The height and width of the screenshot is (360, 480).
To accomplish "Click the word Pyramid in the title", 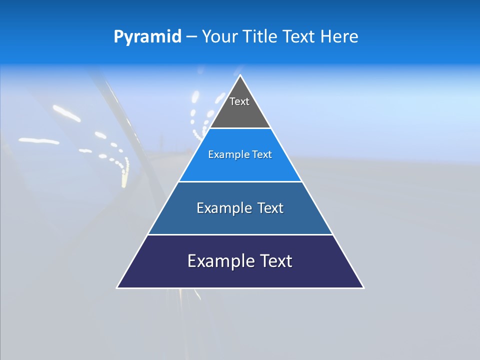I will (x=147, y=37).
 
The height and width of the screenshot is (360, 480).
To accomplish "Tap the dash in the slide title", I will (x=191, y=37).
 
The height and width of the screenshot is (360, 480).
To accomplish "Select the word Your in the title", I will (x=220, y=37).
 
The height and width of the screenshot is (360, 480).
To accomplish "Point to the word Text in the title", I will (x=298, y=37).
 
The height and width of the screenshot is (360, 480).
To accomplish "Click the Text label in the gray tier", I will (x=239, y=101).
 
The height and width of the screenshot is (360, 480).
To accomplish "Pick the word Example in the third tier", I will (x=223, y=208).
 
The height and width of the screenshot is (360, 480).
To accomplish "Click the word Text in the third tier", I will (x=270, y=208).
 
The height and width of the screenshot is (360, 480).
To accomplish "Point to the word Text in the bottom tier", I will (x=274, y=261).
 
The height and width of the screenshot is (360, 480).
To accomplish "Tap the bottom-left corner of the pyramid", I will (x=117, y=287).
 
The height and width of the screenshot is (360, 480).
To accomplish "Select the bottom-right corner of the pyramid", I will (x=363, y=287).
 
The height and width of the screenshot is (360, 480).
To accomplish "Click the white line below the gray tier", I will (x=240, y=128).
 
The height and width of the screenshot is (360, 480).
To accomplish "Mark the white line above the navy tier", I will (x=240, y=234).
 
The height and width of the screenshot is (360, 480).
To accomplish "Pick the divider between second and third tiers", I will (x=240, y=181).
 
